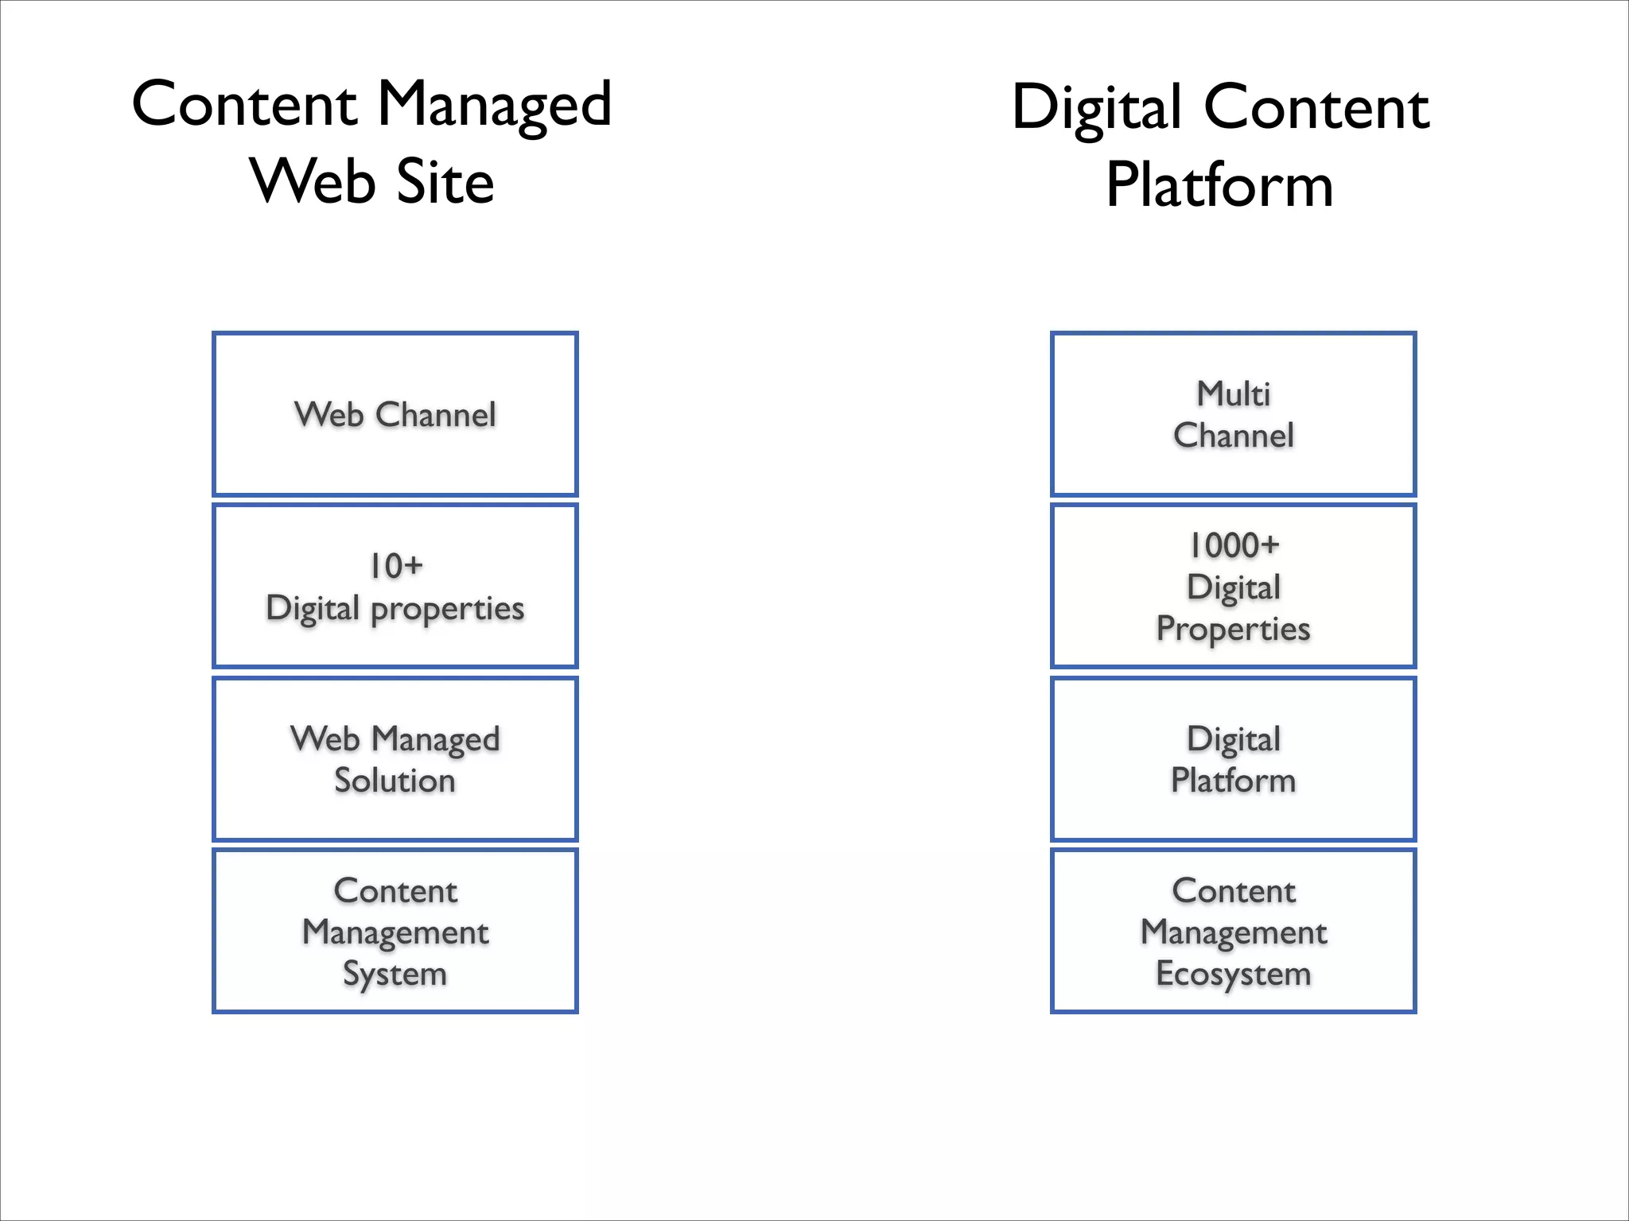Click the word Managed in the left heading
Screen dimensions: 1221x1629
point(493,105)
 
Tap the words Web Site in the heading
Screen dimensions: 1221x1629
point(372,181)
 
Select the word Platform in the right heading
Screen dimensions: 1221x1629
point(1219,185)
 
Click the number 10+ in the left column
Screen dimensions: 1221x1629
point(395,566)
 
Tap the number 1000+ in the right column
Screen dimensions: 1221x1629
point(1234,545)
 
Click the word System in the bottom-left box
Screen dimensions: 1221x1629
point(395,974)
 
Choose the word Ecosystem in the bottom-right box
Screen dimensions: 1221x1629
point(1233,974)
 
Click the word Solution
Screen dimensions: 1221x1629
point(395,780)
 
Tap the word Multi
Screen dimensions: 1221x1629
point(1234,393)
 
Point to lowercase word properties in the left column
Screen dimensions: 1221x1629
point(447,609)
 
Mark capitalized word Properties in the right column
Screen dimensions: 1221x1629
point(1233,629)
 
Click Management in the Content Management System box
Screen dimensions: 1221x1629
point(395,932)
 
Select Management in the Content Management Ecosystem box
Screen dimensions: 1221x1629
point(1233,932)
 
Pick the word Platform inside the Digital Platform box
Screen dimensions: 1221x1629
point(1233,780)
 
